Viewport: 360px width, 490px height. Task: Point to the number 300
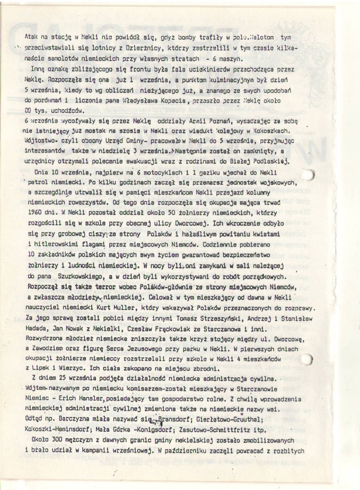[63, 440]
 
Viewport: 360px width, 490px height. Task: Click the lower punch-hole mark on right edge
[307, 359]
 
